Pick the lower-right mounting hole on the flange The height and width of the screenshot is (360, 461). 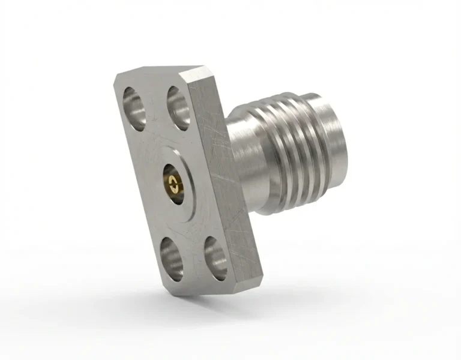pos(214,257)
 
